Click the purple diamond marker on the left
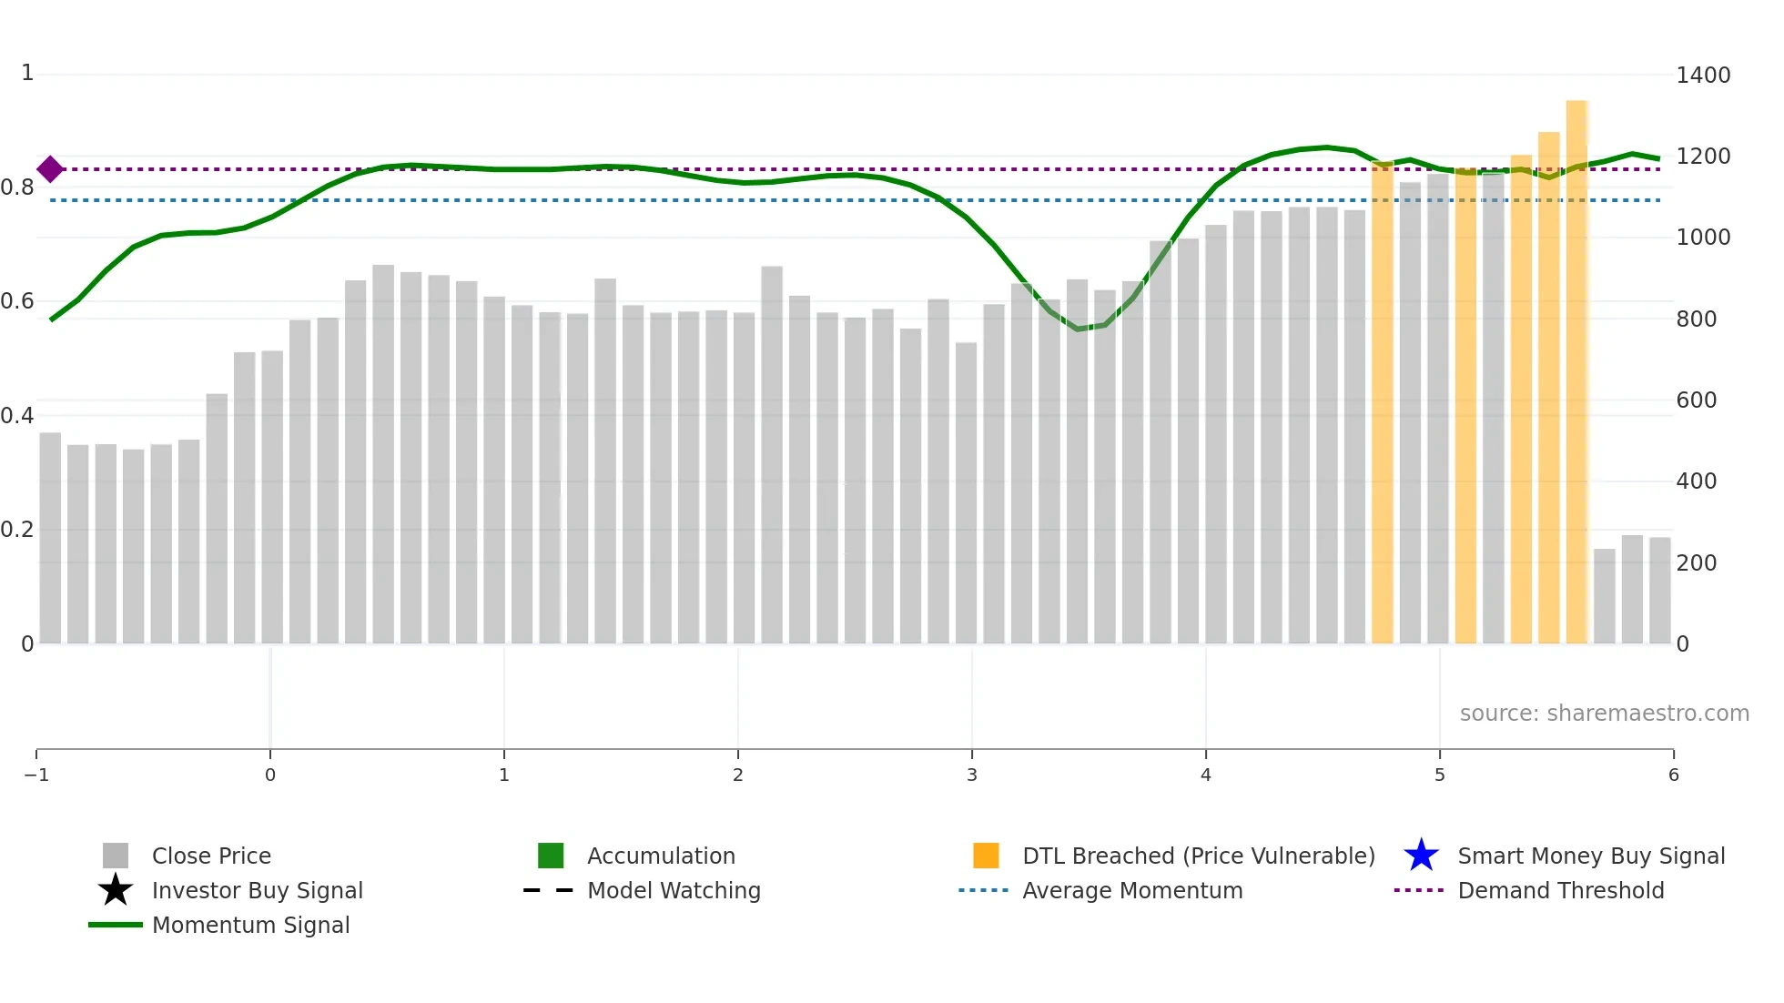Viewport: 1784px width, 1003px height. tap(50, 168)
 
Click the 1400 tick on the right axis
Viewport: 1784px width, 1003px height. tap(1702, 76)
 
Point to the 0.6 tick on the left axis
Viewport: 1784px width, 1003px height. tap(17, 301)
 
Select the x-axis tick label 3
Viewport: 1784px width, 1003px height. tap(971, 775)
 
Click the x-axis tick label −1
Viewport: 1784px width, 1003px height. tap(36, 775)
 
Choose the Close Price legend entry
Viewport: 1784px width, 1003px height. tap(211, 856)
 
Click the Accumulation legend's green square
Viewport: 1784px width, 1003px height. tap(551, 856)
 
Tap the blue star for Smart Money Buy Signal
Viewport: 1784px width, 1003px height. tap(1421, 856)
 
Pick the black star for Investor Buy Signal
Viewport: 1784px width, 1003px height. tap(116, 890)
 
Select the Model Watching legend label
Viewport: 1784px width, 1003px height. tap(674, 891)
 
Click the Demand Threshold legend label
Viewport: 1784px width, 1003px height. tap(1560, 891)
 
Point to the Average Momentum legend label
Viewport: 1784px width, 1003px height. tap(1132, 891)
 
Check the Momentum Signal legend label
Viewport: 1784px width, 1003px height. tap(250, 926)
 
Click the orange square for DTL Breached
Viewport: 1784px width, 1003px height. tap(986, 856)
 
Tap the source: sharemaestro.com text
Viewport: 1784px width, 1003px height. tap(1604, 714)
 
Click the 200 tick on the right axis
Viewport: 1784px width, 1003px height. tap(1697, 563)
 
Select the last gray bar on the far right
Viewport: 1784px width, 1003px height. tap(1659, 592)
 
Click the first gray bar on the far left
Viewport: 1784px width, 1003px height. tap(50, 537)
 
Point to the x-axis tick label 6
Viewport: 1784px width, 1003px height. tap(1673, 775)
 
